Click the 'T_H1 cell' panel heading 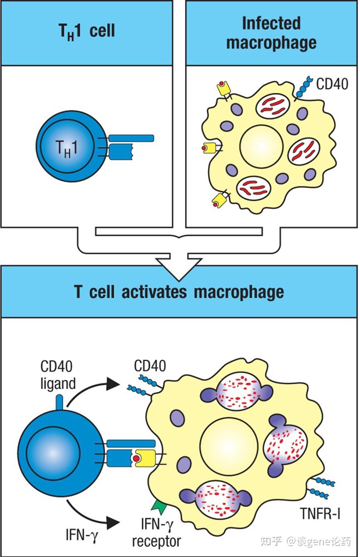click(x=87, y=31)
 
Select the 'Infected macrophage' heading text click(x=271, y=33)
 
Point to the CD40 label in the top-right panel click(x=332, y=84)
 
